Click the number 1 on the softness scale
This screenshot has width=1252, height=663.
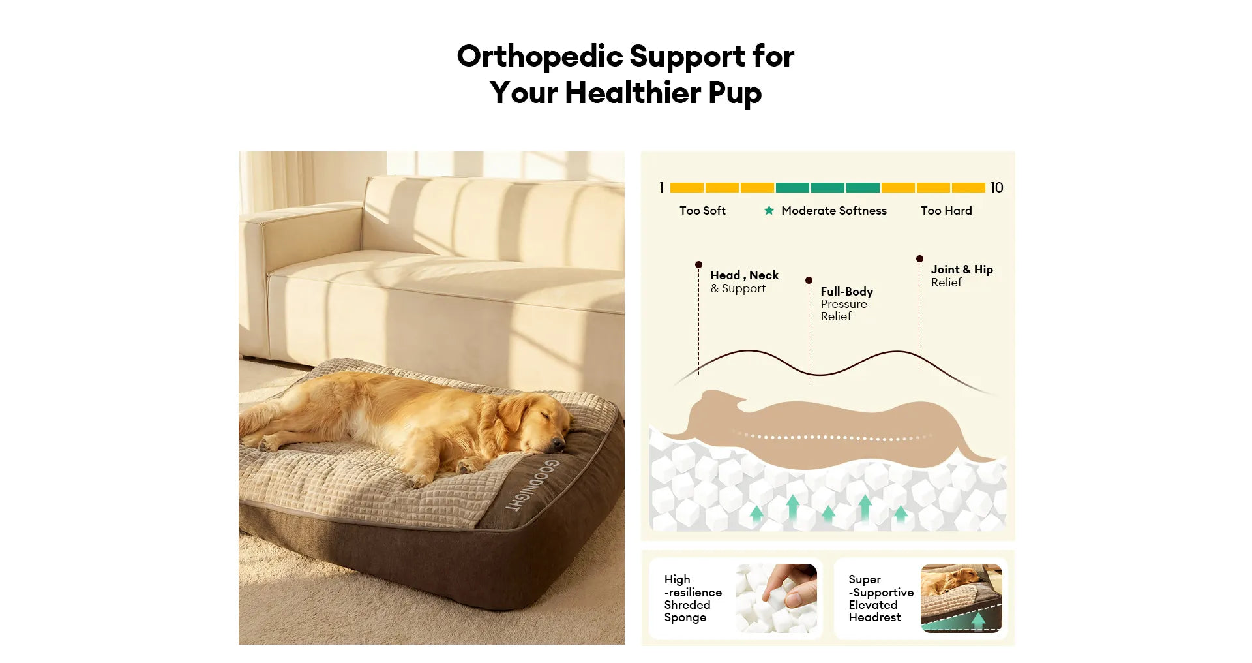pyautogui.click(x=661, y=188)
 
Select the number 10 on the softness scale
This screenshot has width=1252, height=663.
pyautogui.click(x=996, y=188)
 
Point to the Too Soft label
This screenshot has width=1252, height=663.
pyautogui.click(x=702, y=211)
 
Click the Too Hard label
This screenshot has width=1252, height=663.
pyautogui.click(x=946, y=211)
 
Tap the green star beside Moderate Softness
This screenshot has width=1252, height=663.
pyautogui.click(x=769, y=210)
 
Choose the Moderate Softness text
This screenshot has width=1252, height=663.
pyautogui.click(x=834, y=211)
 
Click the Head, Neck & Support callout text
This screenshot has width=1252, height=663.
pyautogui.click(x=744, y=282)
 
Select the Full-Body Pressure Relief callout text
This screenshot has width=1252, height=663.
pyautogui.click(x=846, y=303)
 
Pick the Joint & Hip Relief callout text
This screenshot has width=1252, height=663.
pyautogui.click(x=962, y=275)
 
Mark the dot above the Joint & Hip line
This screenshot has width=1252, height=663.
pyautogui.click(x=919, y=259)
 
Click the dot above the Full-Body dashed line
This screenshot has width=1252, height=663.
pyautogui.click(x=809, y=281)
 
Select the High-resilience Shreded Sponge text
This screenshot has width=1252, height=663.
pyautogui.click(x=693, y=598)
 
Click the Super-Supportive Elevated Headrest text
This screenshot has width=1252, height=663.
pyautogui.click(x=881, y=598)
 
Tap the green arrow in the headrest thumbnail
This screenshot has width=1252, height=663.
pyautogui.click(x=978, y=620)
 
